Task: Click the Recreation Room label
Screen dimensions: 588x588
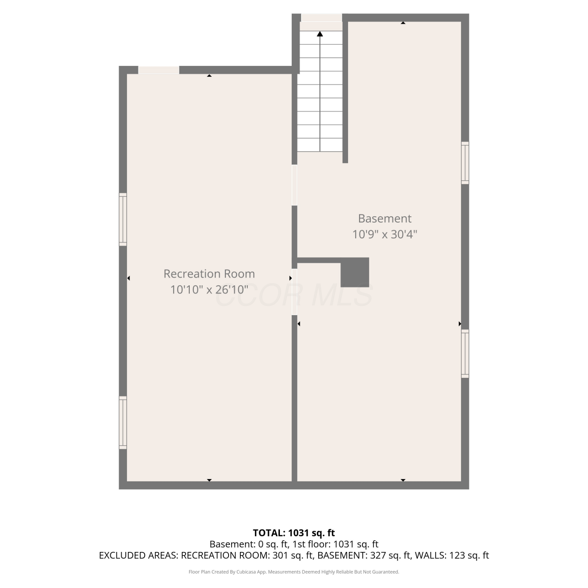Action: [209, 274]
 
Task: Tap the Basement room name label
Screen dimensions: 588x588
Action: [385, 218]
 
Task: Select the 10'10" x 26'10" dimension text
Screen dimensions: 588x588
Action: [209, 290]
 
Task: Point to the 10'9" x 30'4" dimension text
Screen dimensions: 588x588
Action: [385, 234]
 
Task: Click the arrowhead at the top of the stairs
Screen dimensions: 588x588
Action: [320, 34]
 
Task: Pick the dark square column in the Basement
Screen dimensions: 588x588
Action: [355, 272]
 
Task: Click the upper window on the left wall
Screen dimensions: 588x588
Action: [123, 220]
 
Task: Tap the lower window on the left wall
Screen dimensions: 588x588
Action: [123, 423]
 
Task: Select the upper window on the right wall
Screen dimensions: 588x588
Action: [465, 163]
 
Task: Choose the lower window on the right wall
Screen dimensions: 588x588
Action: [465, 354]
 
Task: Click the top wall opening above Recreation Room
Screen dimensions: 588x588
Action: [159, 70]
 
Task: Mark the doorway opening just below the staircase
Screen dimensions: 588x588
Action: [294, 185]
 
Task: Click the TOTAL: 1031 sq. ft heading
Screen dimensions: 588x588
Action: [294, 533]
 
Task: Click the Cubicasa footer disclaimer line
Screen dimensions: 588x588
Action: [294, 572]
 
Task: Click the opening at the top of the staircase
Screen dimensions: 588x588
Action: [321, 18]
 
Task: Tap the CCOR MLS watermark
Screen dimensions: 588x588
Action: [294, 296]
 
